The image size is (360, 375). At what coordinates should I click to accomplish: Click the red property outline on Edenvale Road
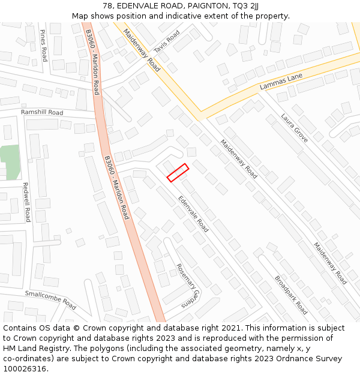point(178,172)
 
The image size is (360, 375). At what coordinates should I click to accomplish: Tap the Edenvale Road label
point(193,214)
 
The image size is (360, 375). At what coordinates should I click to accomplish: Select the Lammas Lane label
point(279,82)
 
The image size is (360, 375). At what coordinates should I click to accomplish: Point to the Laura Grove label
point(295,128)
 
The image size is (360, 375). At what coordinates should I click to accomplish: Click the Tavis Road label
point(166,41)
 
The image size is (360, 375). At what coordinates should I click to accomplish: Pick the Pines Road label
point(43,46)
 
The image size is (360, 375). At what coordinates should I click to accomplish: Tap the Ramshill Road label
point(42,112)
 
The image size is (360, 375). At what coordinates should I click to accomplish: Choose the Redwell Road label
point(26,202)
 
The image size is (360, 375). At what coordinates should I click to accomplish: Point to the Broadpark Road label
point(291,295)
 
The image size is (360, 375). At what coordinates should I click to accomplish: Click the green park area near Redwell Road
point(10,162)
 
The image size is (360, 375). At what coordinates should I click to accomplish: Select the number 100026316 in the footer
point(25,368)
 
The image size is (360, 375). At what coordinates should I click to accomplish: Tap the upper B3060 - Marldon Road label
point(92,62)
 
